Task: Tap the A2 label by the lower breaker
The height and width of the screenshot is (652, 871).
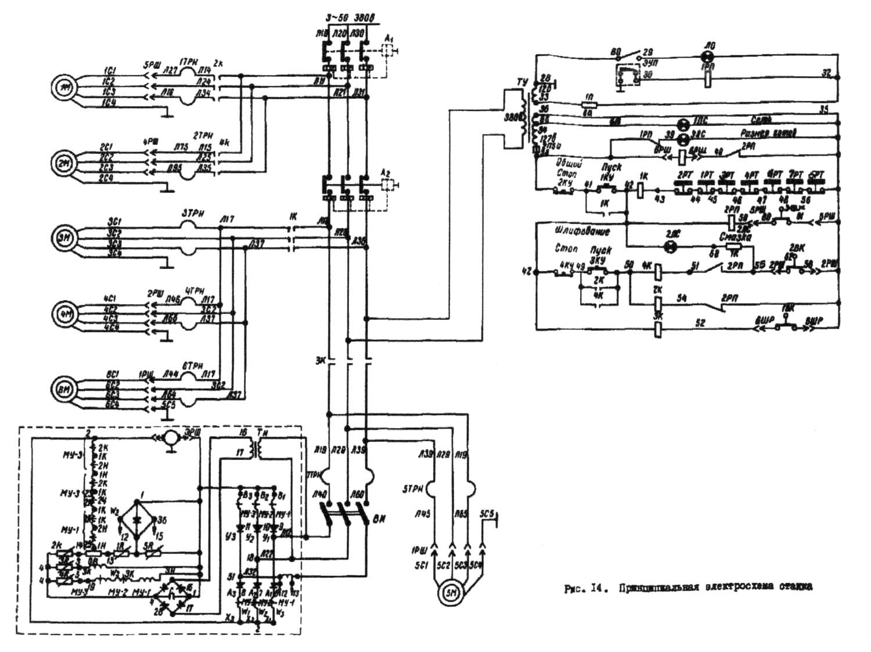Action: pyautogui.click(x=386, y=172)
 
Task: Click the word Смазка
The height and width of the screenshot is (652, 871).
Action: pyautogui.click(x=732, y=237)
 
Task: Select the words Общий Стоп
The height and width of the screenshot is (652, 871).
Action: pyautogui.click(x=566, y=168)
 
